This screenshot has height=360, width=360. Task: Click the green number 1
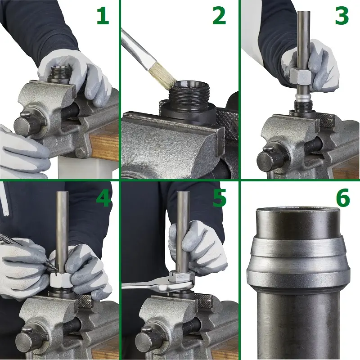click(103, 16)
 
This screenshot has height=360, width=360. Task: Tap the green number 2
click(219, 16)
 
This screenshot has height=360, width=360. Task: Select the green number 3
click(342, 16)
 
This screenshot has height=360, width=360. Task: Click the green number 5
click(220, 198)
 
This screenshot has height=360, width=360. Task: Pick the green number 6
click(343, 198)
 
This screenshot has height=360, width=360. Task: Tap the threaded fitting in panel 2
click(188, 101)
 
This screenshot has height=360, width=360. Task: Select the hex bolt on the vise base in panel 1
click(80, 153)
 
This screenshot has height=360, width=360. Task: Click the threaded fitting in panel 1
click(60, 74)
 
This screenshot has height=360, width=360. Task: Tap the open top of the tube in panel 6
click(297, 211)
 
